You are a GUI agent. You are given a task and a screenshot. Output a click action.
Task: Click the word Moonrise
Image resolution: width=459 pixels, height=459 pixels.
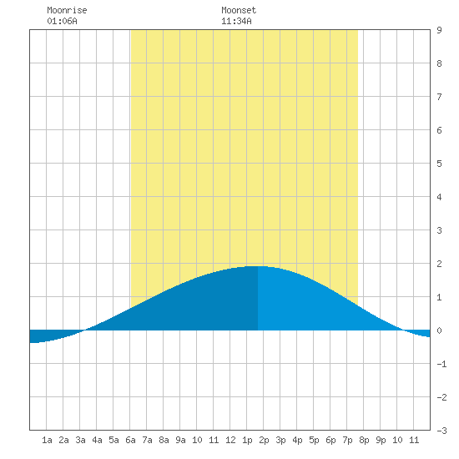(67, 10)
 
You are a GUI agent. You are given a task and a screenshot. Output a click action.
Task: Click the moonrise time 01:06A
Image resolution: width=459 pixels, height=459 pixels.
(62, 21)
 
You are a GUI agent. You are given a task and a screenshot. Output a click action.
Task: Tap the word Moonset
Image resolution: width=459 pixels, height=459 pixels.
(239, 10)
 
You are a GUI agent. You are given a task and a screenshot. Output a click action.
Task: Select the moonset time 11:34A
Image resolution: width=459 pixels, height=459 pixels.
(236, 21)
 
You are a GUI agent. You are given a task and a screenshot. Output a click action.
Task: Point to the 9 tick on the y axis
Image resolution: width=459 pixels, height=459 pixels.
(439, 30)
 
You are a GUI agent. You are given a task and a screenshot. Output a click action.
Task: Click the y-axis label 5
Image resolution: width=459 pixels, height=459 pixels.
(439, 164)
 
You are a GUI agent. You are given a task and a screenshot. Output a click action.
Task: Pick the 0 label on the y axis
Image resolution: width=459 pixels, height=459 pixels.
(439, 330)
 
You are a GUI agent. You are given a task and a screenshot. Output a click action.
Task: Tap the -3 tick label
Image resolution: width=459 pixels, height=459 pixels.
(441, 431)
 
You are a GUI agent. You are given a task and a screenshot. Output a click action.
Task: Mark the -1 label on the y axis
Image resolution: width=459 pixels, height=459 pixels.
(441, 364)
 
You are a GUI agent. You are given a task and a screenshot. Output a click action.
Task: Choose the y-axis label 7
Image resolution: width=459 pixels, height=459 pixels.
(439, 97)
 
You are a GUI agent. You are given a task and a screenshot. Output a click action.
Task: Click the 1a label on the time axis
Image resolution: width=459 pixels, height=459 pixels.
(47, 440)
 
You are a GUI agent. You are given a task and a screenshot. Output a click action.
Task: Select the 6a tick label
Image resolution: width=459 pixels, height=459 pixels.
(130, 440)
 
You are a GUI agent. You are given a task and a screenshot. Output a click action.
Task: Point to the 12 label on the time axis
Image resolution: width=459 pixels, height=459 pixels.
(230, 440)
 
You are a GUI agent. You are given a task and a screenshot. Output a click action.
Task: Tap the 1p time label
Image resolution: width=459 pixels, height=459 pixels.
(247, 440)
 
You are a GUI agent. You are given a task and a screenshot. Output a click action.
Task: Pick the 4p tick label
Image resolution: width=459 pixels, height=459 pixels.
(297, 440)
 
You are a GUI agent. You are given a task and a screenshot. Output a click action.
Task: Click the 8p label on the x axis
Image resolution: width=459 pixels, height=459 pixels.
(364, 440)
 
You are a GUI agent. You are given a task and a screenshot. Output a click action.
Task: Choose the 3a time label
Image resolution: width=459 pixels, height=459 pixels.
(80, 440)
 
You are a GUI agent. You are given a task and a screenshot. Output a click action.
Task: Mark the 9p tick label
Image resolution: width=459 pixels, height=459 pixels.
(381, 440)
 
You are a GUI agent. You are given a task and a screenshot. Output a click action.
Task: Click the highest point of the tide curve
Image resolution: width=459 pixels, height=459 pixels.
(258, 266)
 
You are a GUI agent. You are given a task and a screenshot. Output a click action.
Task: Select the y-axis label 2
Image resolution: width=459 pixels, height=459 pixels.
(439, 264)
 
